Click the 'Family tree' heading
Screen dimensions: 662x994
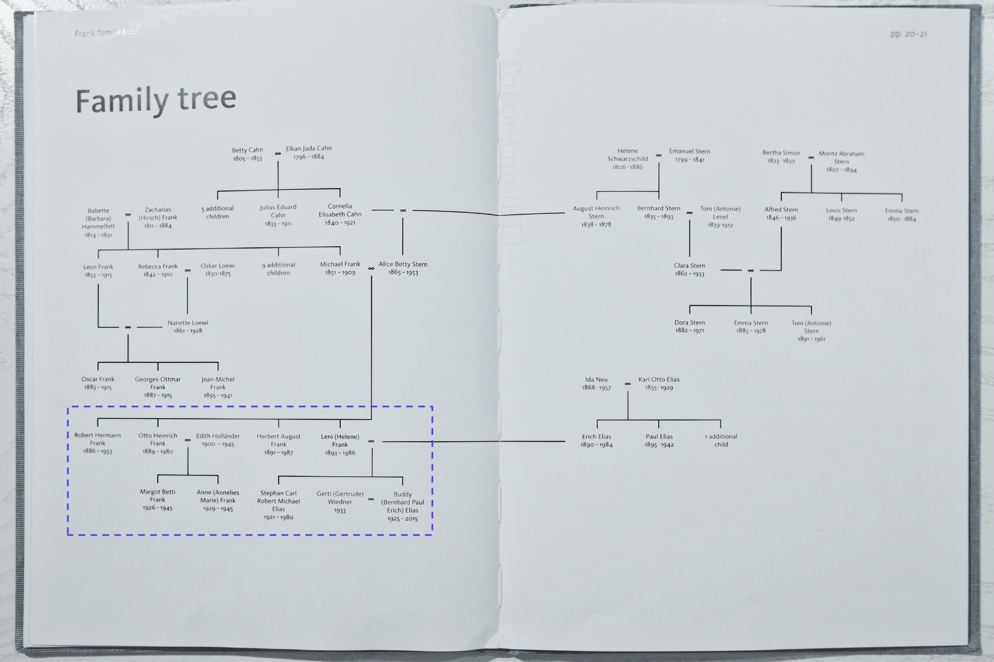156,100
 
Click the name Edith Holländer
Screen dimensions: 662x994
218,436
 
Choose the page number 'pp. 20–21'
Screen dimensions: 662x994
909,34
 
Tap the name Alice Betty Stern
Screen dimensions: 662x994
403,264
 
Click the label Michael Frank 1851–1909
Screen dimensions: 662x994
340,268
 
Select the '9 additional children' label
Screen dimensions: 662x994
279,269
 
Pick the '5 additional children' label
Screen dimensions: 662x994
217,212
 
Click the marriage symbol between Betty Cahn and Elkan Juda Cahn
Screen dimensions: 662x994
278,154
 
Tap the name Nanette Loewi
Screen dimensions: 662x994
188,323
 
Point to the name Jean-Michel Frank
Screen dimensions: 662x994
218,383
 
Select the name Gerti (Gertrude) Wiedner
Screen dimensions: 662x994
340,498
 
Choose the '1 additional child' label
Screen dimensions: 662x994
721,440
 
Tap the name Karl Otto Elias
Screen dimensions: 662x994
659,379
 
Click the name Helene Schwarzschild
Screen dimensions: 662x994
628,155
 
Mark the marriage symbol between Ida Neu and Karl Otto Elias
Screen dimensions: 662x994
628,384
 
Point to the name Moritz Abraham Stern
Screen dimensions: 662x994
842,158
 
